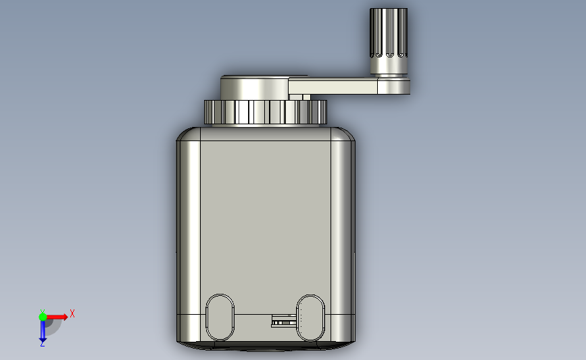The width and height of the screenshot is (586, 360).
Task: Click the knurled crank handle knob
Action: (x=389, y=33)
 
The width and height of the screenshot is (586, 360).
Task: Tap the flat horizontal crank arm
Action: (x=333, y=86)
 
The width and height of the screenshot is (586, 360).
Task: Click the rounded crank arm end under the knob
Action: (x=393, y=86)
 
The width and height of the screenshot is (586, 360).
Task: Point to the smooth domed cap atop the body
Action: (x=254, y=88)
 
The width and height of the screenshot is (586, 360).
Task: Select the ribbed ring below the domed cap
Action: (x=266, y=112)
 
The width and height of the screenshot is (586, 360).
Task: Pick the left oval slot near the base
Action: (x=220, y=317)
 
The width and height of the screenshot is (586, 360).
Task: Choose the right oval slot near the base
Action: (x=310, y=318)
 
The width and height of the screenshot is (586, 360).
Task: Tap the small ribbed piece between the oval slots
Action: (x=284, y=321)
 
